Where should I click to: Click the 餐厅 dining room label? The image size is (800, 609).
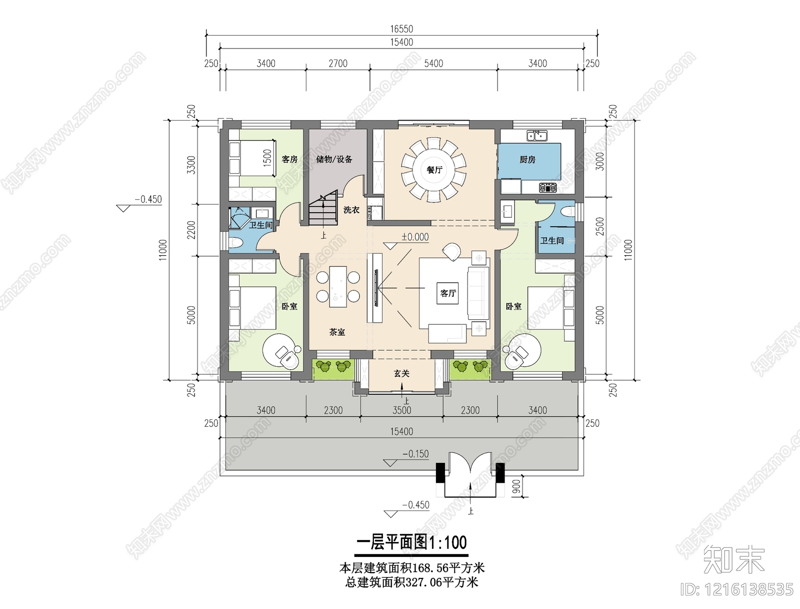click(x=434, y=170)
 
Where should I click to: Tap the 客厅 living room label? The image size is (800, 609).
click(x=447, y=293)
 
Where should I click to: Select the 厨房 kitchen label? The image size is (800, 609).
click(x=527, y=159)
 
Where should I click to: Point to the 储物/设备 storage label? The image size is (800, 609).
click(x=334, y=159)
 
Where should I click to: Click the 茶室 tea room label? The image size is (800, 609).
click(x=337, y=332)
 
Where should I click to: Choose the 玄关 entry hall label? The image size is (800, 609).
click(x=401, y=373)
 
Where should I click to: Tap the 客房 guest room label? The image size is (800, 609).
click(x=289, y=159)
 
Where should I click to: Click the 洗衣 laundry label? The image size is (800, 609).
click(x=351, y=210)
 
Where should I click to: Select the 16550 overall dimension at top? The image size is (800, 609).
click(x=401, y=29)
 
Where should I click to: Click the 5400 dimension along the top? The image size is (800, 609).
click(x=433, y=64)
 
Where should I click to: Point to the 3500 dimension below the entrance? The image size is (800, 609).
click(x=401, y=410)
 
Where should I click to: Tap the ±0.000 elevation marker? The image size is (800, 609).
click(x=414, y=237)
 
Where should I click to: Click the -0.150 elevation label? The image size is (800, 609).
click(x=415, y=454)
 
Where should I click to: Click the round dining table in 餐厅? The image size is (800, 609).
click(x=434, y=170)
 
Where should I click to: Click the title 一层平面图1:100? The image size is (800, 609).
click(x=411, y=542)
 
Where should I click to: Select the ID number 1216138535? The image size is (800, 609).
click(x=737, y=590)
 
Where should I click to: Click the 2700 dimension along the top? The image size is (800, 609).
click(x=338, y=64)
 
